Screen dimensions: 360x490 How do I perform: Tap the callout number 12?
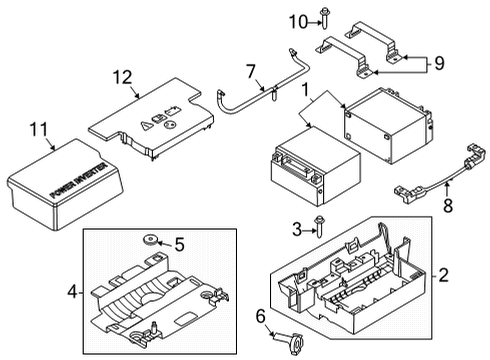tap(121, 78)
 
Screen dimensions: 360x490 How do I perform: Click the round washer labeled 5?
tap(152, 241)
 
